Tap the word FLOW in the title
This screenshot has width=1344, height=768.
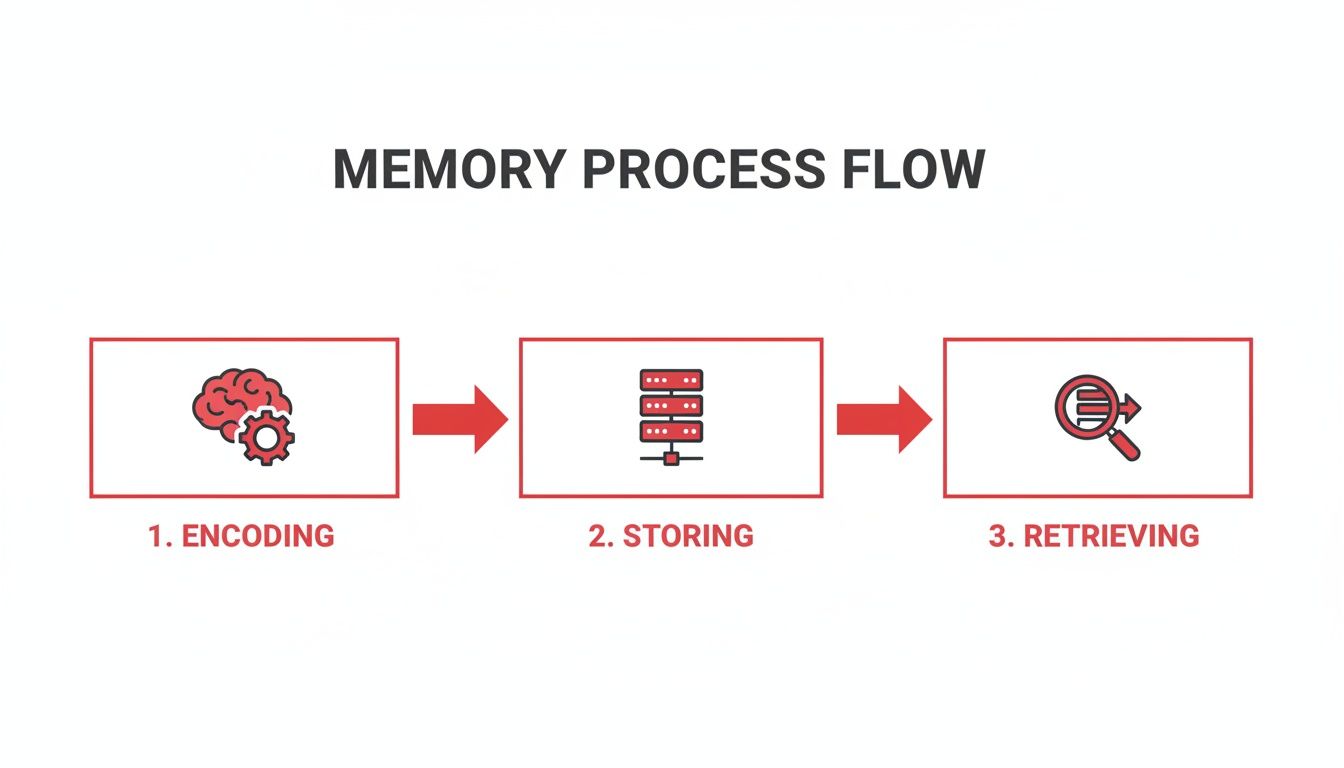click(912, 170)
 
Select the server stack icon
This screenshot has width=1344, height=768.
click(671, 415)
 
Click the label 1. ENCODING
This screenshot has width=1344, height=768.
click(241, 536)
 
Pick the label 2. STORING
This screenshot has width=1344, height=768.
click(671, 536)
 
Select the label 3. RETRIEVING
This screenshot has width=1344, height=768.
click(1094, 536)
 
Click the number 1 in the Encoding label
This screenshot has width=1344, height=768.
click(155, 536)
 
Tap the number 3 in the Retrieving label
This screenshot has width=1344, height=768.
click(997, 536)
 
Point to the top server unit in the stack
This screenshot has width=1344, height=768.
click(671, 381)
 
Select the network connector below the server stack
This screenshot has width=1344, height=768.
click(671, 458)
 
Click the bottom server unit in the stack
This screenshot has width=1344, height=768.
click(671, 431)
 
